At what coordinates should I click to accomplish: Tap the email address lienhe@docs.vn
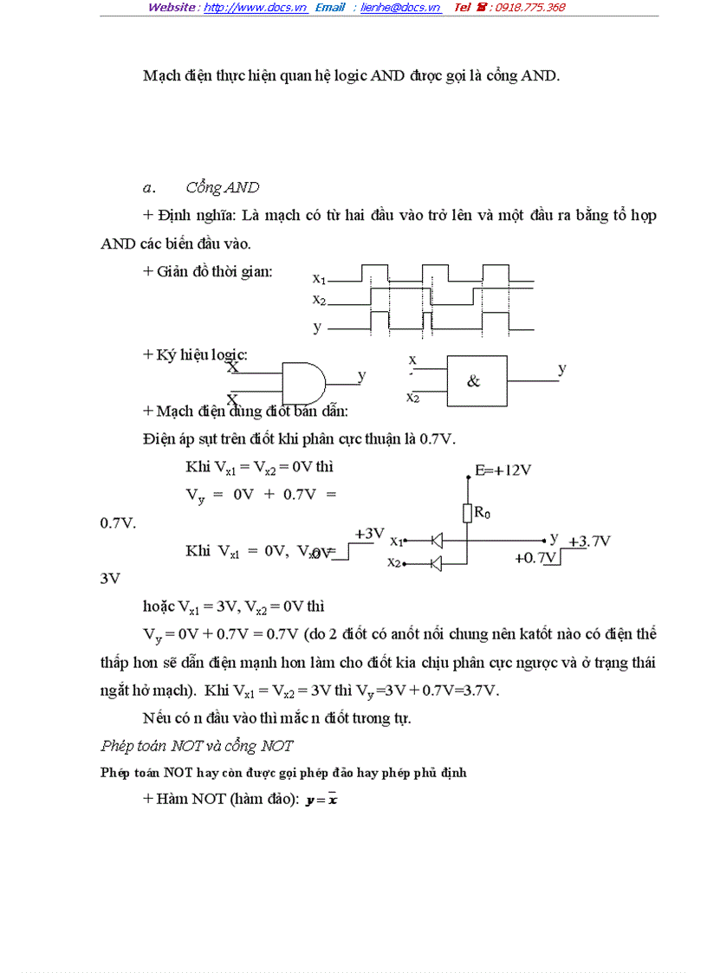[x=401, y=8]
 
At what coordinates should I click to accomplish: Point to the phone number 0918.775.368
[x=528, y=8]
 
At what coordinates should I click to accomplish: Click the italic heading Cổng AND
[x=223, y=188]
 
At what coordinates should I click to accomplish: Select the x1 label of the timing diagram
[x=319, y=279]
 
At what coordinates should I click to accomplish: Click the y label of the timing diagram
[x=317, y=328]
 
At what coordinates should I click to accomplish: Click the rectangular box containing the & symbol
[x=477, y=381]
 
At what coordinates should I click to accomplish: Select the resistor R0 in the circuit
[x=467, y=514]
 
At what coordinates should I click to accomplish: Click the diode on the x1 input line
[x=436, y=542]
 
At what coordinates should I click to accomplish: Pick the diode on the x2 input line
[x=436, y=563]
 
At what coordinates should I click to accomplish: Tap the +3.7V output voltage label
[x=590, y=542]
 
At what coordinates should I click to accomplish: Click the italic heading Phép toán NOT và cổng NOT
[x=197, y=746]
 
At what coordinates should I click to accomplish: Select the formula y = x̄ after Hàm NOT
[x=321, y=801]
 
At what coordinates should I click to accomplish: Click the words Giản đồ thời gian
[x=213, y=271]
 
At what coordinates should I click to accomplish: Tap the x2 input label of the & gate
[x=412, y=398]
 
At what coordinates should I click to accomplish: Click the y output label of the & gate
[x=562, y=369]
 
